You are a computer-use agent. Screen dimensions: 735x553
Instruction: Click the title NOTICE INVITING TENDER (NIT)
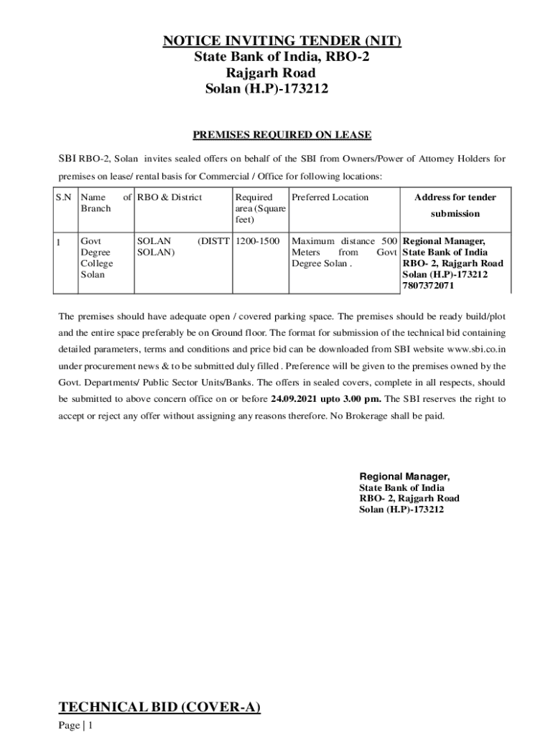point(281,42)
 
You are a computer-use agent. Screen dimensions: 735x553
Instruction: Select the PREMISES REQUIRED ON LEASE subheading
point(282,135)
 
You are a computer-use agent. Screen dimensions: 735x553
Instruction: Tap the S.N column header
point(64,197)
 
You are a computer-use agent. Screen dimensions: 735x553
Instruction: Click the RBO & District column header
point(169,197)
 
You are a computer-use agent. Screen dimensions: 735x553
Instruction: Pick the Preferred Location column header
point(330,197)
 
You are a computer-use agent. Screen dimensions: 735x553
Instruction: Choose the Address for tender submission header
point(455,205)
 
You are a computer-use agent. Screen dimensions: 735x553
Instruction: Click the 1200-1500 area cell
point(257,241)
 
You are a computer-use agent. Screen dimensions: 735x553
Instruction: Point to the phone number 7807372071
point(428,286)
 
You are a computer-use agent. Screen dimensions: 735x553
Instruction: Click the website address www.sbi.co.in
point(476,350)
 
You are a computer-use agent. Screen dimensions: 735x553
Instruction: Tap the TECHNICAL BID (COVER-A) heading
point(159,708)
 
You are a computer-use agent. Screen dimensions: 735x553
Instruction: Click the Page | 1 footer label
point(76,726)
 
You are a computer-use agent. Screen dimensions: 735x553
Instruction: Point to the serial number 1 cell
point(60,242)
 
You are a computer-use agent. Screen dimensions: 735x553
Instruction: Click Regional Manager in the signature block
point(404,477)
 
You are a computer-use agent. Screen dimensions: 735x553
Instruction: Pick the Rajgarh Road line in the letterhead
point(271,73)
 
